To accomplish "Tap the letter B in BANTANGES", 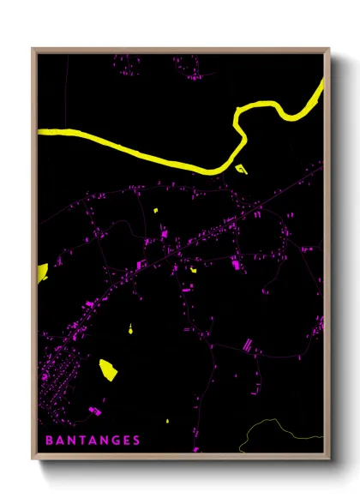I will point(48,441).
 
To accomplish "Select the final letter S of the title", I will point(136,441).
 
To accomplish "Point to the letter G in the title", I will point(115,441).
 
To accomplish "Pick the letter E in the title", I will point(126,441).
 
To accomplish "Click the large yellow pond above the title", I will point(108,369).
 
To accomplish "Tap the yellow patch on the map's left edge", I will point(41,273).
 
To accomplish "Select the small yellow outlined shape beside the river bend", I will point(242,169).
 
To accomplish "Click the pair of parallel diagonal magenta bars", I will point(247,345).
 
